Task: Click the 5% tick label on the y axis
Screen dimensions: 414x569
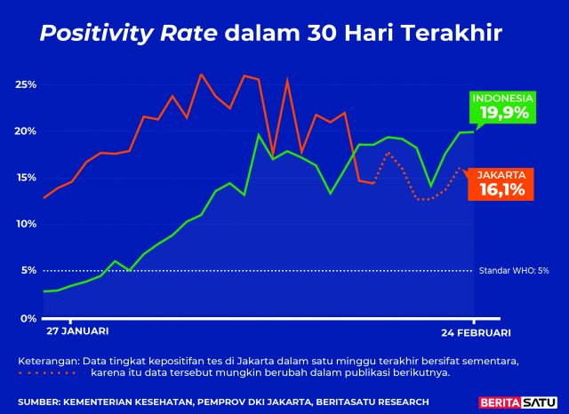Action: pos(28,270)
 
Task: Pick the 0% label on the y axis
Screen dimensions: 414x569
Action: pos(28,317)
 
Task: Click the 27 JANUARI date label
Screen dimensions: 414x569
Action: pos(78,331)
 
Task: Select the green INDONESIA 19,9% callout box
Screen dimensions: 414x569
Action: pos(503,107)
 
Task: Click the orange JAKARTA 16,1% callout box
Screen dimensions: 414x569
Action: pos(501,183)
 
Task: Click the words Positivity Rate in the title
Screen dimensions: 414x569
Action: pos(129,34)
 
